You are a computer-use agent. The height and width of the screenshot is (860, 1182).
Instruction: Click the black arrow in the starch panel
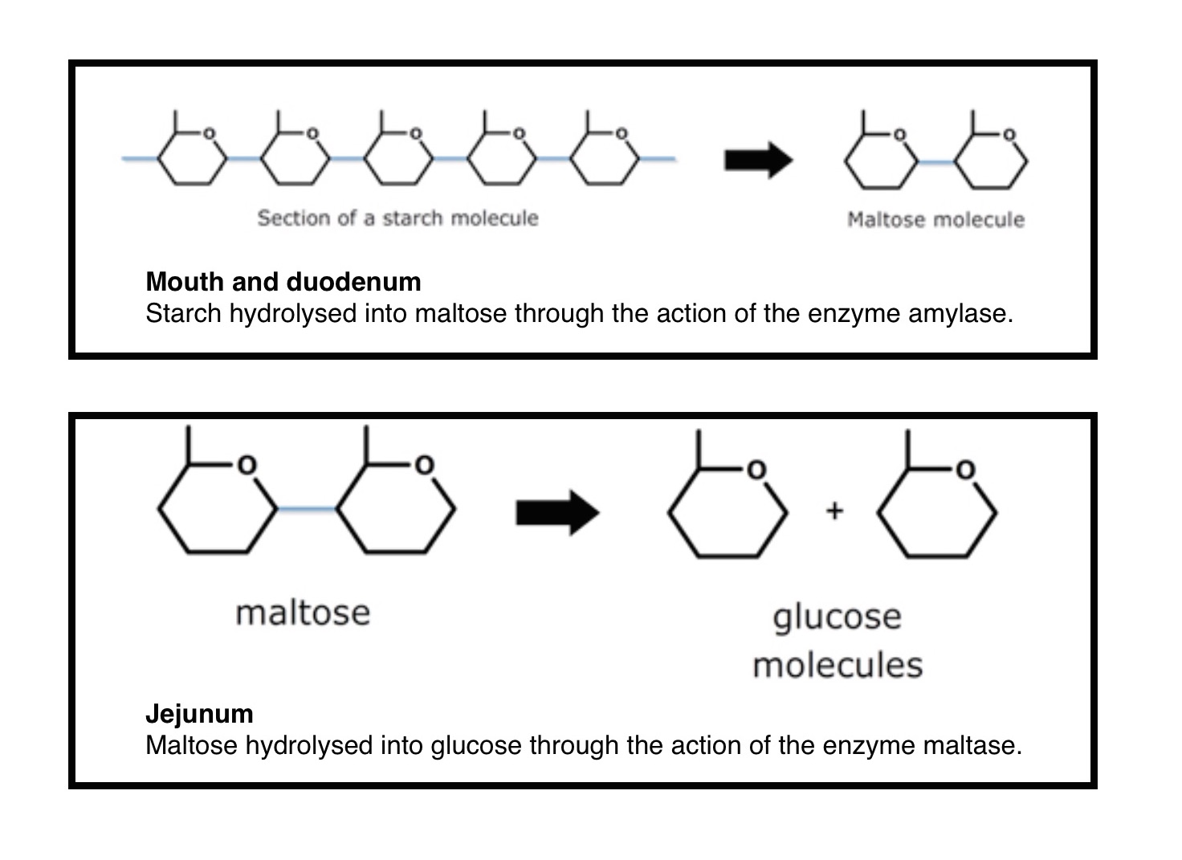[x=757, y=160]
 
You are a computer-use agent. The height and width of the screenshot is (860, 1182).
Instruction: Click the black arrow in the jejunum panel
[x=556, y=512]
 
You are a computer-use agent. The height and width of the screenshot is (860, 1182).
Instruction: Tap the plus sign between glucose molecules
[x=834, y=511]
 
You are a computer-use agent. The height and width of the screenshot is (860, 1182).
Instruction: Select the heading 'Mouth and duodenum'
[x=283, y=282]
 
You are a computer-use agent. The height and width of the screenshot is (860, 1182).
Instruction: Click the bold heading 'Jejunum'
[x=199, y=714]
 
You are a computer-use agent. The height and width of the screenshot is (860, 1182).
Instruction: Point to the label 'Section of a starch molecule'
[x=397, y=218]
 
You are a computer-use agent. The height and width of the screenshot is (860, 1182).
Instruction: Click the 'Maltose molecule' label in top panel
[x=935, y=219]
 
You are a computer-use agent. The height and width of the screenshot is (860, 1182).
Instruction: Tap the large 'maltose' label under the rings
[x=303, y=613]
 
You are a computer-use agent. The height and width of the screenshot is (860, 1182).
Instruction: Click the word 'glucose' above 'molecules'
[x=837, y=617]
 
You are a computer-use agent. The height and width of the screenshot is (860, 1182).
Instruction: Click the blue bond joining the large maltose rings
[x=307, y=509]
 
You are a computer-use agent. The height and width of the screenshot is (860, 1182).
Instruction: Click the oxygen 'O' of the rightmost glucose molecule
[x=965, y=470]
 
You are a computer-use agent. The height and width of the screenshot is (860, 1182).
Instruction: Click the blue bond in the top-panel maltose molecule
[x=935, y=163]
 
